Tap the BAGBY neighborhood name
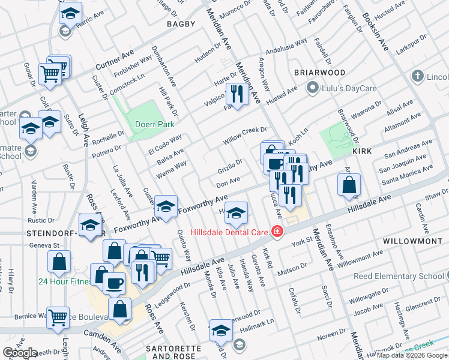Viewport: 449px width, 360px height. [x=181, y=24]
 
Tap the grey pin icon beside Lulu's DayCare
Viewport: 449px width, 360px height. [x=312, y=89]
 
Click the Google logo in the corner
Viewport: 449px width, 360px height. [x=20, y=353]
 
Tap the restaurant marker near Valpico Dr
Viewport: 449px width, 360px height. [x=237, y=94]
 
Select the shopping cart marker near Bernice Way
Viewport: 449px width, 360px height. [x=58, y=317]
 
